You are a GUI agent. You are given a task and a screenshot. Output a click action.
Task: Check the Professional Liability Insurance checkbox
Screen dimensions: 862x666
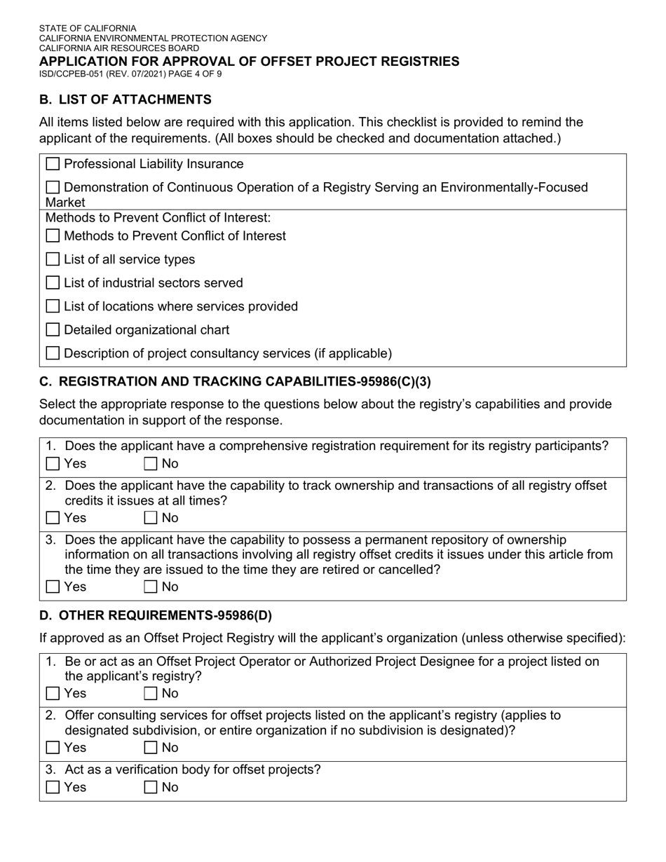(53, 164)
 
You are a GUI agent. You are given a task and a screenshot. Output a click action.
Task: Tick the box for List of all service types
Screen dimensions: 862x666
(53, 259)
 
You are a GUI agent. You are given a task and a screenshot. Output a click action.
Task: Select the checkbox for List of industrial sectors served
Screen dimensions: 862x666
(53, 283)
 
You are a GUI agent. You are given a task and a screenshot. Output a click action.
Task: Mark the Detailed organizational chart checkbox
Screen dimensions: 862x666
(53, 330)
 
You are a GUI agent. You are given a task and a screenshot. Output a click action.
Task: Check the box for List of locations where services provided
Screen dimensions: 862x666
(53, 306)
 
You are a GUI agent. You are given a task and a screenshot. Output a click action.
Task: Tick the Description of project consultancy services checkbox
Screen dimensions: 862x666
(53, 353)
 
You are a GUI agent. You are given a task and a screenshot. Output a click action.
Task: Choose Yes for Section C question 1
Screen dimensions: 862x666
(53, 463)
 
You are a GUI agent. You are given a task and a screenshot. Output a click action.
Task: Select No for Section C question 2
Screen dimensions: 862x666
(151, 518)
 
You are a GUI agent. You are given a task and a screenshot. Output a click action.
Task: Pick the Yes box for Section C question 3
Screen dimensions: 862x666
(53, 587)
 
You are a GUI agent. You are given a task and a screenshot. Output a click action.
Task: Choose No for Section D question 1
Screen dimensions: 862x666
(151, 693)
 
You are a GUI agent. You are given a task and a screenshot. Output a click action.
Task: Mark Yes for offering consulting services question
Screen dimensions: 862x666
(53, 748)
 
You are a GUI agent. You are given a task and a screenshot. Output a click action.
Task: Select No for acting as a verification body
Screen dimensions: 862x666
(151, 787)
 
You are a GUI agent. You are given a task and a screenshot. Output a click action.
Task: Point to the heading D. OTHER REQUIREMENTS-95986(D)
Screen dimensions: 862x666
(156, 616)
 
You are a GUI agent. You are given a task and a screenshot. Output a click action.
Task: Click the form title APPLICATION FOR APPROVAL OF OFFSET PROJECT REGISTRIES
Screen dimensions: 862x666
(249, 61)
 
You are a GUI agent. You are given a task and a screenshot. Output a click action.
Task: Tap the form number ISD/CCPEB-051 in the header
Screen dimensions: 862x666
(71, 73)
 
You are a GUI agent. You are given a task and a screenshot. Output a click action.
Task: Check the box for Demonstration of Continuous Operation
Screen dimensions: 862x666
(53, 188)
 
